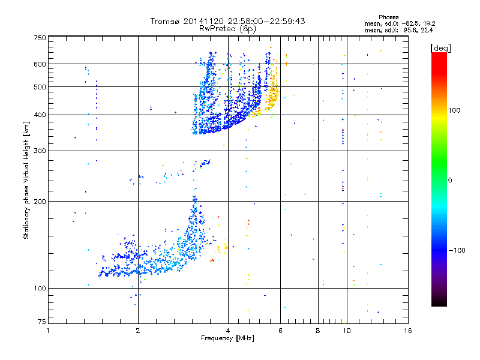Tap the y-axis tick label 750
click(40, 38)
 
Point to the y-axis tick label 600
click(40, 64)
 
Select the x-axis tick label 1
click(48, 331)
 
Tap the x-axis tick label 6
click(281, 331)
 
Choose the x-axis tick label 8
click(318, 331)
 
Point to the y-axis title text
click(26, 180)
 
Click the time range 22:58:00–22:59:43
click(265, 21)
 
